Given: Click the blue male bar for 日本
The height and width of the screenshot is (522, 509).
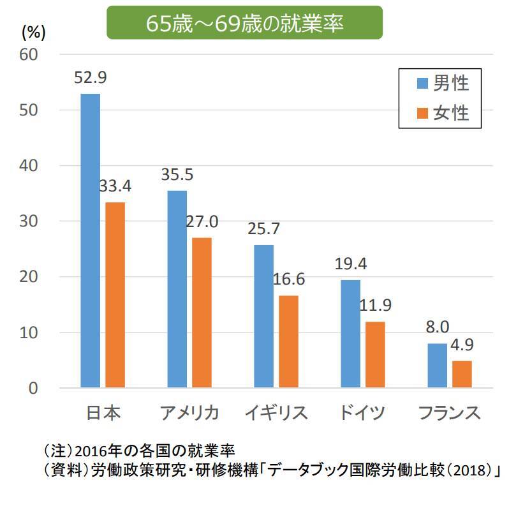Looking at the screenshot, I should click(90, 241).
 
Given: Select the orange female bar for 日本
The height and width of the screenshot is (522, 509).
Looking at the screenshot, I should click(115, 295).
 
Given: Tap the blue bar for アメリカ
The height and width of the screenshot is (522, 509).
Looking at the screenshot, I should click(177, 289).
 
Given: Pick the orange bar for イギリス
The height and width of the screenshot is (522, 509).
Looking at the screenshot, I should click(288, 341).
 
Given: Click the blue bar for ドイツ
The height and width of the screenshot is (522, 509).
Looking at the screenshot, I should click(350, 334).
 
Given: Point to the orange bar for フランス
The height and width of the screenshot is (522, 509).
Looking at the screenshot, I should click(462, 374).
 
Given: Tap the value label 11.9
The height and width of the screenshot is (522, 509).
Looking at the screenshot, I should click(375, 305).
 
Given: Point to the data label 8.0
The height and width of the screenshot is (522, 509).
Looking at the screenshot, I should click(437, 328).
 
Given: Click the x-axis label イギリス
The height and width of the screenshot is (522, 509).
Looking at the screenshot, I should click(276, 413).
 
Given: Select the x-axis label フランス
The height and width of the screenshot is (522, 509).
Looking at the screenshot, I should click(449, 413).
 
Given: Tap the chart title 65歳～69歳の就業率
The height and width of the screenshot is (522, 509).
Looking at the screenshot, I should click(244, 23).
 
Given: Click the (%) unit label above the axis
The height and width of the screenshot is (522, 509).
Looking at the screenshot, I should click(33, 31).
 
